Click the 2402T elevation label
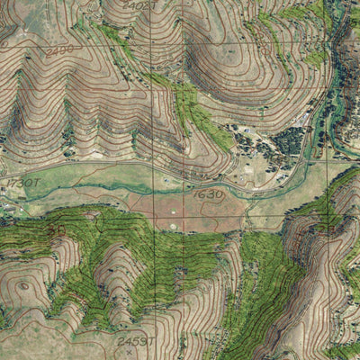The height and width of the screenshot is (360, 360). coord(139,5)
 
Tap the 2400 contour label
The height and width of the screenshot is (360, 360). coord(59,51)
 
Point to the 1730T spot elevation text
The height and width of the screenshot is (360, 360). coord(24,183)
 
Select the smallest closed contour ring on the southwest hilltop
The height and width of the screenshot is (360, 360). coord(22,286)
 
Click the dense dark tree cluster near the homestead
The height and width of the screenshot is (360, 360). coord(290,139)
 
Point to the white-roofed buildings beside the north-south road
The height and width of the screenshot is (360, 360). coord(310,117)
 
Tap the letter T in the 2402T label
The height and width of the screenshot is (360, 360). coord(154,5)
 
